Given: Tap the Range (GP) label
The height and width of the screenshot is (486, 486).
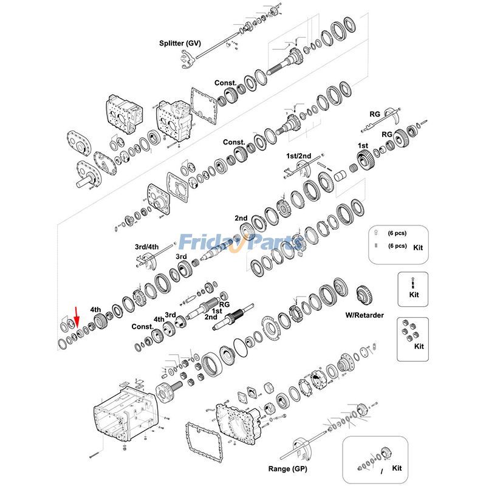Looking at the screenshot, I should pos(287,469).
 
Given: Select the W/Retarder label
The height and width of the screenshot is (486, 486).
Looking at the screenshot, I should pos(364,315).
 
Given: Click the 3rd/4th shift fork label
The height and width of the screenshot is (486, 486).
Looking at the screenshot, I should pos(146,247).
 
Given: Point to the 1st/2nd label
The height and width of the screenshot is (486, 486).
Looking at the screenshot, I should pos(298,156).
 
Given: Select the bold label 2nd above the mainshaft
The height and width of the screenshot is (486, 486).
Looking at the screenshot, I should pos(241,217).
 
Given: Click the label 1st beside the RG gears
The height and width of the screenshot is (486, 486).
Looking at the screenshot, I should pos(363,146).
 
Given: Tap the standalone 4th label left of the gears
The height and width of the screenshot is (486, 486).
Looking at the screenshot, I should pos(95,309).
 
